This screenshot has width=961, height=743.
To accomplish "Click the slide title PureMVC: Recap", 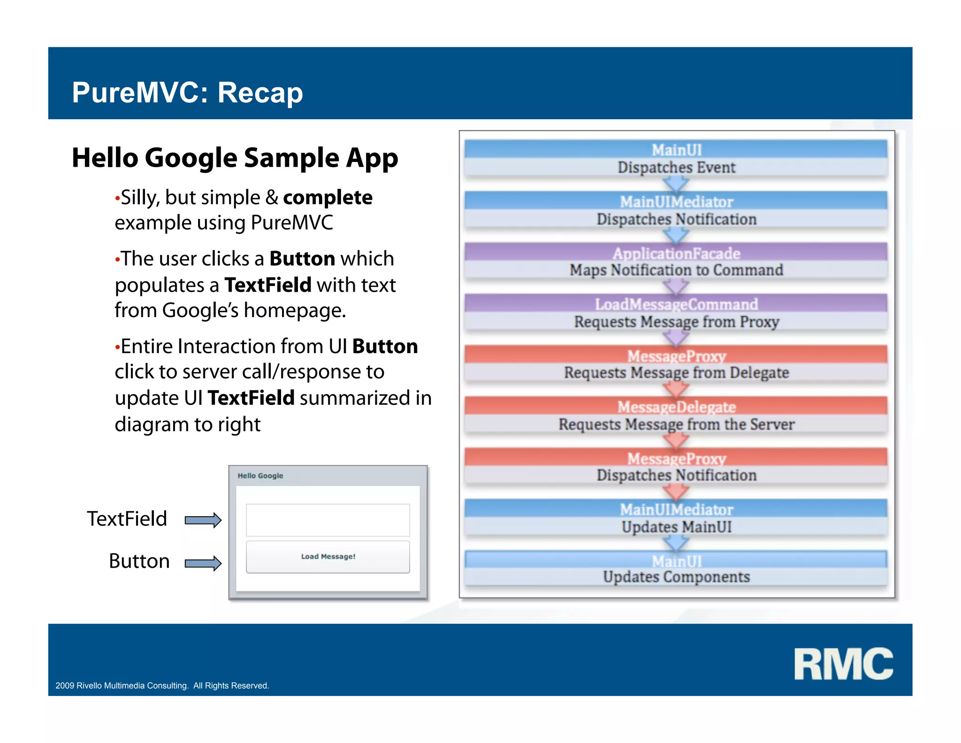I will (x=187, y=93).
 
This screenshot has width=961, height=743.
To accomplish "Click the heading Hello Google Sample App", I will (x=235, y=158).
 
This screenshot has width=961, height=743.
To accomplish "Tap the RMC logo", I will (x=843, y=664).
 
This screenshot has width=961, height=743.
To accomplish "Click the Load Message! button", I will (x=328, y=557).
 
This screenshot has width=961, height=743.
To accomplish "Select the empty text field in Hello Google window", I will (x=328, y=520).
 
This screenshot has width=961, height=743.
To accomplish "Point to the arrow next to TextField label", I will (x=203, y=520).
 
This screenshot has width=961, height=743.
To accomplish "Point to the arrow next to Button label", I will (x=203, y=563).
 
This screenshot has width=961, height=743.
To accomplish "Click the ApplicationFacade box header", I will (x=676, y=253).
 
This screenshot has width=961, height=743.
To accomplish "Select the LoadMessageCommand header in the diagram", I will (x=676, y=304).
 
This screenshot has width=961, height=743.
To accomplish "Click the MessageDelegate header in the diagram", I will (x=676, y=407).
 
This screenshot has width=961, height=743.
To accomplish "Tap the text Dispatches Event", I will (x=676, y=168).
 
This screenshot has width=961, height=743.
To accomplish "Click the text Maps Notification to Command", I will (x=676, y=270).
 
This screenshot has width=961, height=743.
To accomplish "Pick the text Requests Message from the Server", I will (x=676, y=424).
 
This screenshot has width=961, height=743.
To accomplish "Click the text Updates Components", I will (x=676, y=577).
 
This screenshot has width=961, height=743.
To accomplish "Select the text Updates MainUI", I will (x=676, y=527).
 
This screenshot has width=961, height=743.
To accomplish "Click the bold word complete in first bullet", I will (x=328, y=198).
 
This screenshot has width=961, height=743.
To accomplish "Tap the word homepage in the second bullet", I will (x=294, y=311).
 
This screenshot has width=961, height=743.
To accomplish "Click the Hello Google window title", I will (x=260, y=476).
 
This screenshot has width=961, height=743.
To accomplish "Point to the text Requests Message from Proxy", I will (x=676, y=322).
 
